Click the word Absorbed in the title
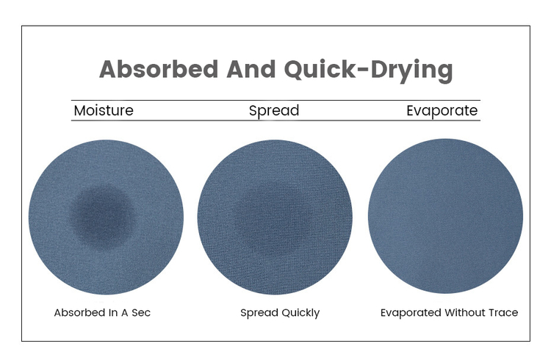[x=159, y=69]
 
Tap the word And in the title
[x=251, y=69]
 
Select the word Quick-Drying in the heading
[x=368, y=71]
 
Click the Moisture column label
[x=104, y=110]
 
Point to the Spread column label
[x=274, y=111]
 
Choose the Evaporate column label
[x=442, y=111]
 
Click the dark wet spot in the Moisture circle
[x=103, y=215]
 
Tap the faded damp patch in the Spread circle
[x=273, y=218]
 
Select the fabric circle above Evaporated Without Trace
[x=445, y=216]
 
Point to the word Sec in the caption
[x=141, y=312]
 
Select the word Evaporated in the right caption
[x=411, y=313]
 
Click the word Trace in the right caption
[x=502, y=312]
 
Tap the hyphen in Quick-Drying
[x=364, y=70]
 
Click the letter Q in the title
[x=294, y=70]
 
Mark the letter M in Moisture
[x=80, y=110]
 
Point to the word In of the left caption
[x=113, y=312]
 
